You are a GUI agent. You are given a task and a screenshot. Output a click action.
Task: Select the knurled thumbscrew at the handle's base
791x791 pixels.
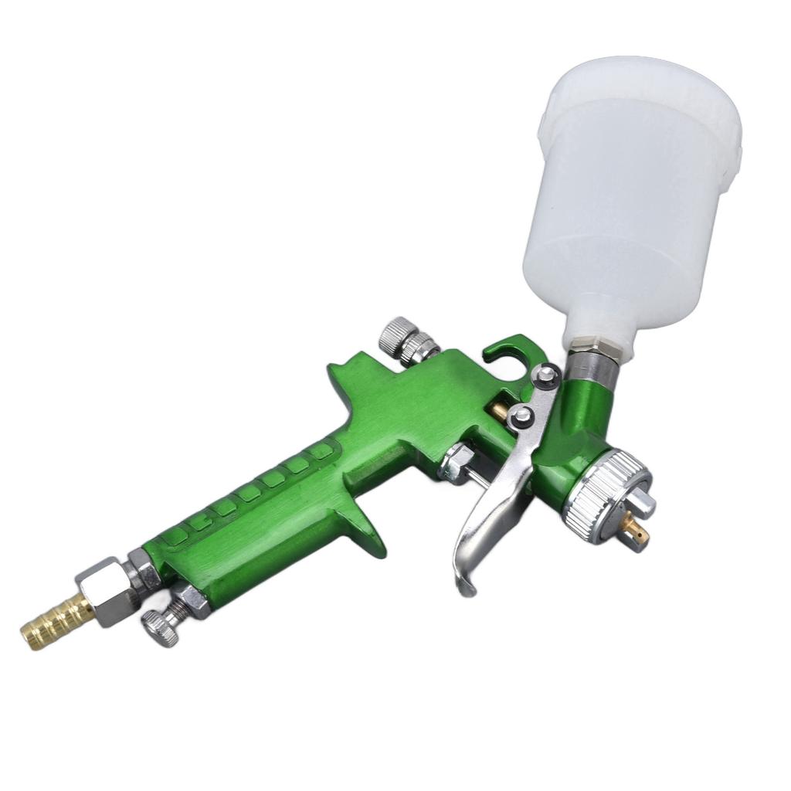click(161, 626)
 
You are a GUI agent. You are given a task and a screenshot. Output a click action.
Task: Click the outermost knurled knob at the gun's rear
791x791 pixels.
click(395, 333)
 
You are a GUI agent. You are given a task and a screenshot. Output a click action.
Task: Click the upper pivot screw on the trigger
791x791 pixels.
click(547, 375)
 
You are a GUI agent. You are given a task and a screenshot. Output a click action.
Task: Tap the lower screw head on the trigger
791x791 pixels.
click(524, 415)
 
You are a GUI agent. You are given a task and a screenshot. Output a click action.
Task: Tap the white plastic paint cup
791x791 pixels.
click(630, 193)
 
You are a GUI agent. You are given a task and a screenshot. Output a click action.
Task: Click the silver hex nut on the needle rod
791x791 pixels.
click(457, 463)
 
